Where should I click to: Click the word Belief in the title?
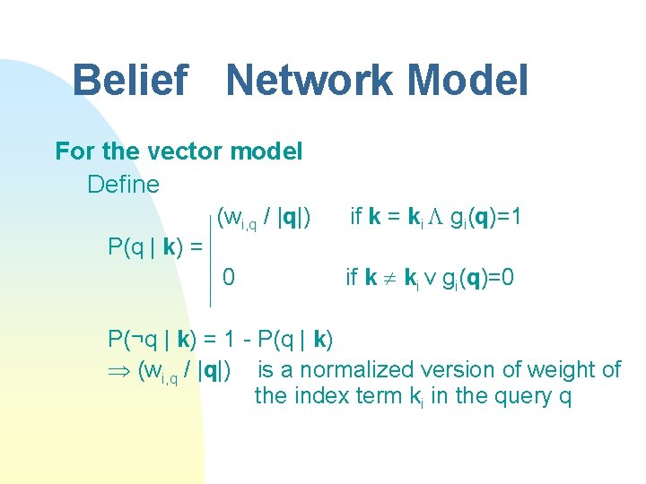click(129, 80)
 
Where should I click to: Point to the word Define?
click(123, 185)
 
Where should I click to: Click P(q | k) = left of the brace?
click(154, 246)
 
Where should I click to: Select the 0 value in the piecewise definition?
click(229, 278)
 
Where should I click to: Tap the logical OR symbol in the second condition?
click(432, 279)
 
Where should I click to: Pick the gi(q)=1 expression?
click(485, 217)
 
